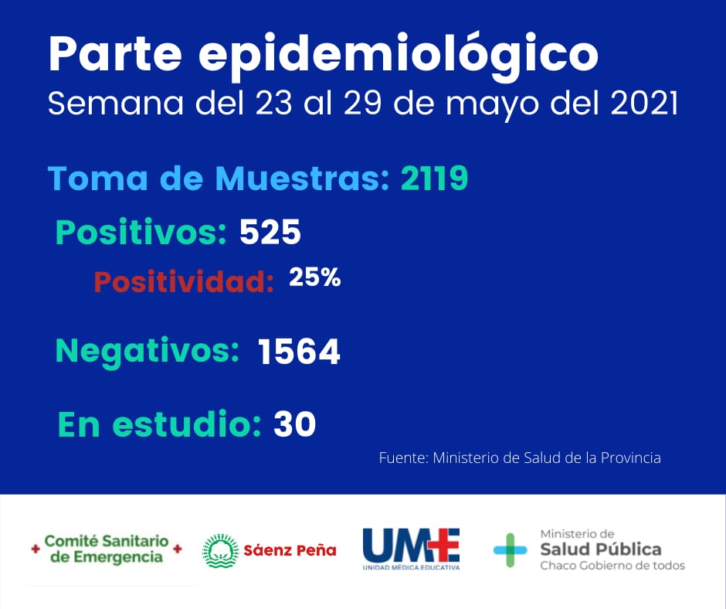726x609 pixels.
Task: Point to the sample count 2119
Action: tap(435, 178)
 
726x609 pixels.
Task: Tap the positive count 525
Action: tap(270, 232)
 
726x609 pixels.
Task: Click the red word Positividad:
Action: tap(184, 282)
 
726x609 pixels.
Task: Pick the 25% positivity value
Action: tap(314, 278)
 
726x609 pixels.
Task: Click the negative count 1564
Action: tap(299, 352)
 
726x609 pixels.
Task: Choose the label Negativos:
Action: tap(147, 352)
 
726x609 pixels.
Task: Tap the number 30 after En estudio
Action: tap(294, 424)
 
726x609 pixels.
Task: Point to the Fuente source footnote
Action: tap(519, 458)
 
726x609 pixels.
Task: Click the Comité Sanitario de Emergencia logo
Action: tap(107, 549)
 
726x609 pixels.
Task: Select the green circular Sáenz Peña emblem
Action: tap(220, 550)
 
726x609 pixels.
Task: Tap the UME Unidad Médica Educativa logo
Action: tap(411, 548)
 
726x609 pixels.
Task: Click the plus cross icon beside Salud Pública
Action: tap(511, 549)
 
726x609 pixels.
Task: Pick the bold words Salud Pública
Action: tap(600, 549)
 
